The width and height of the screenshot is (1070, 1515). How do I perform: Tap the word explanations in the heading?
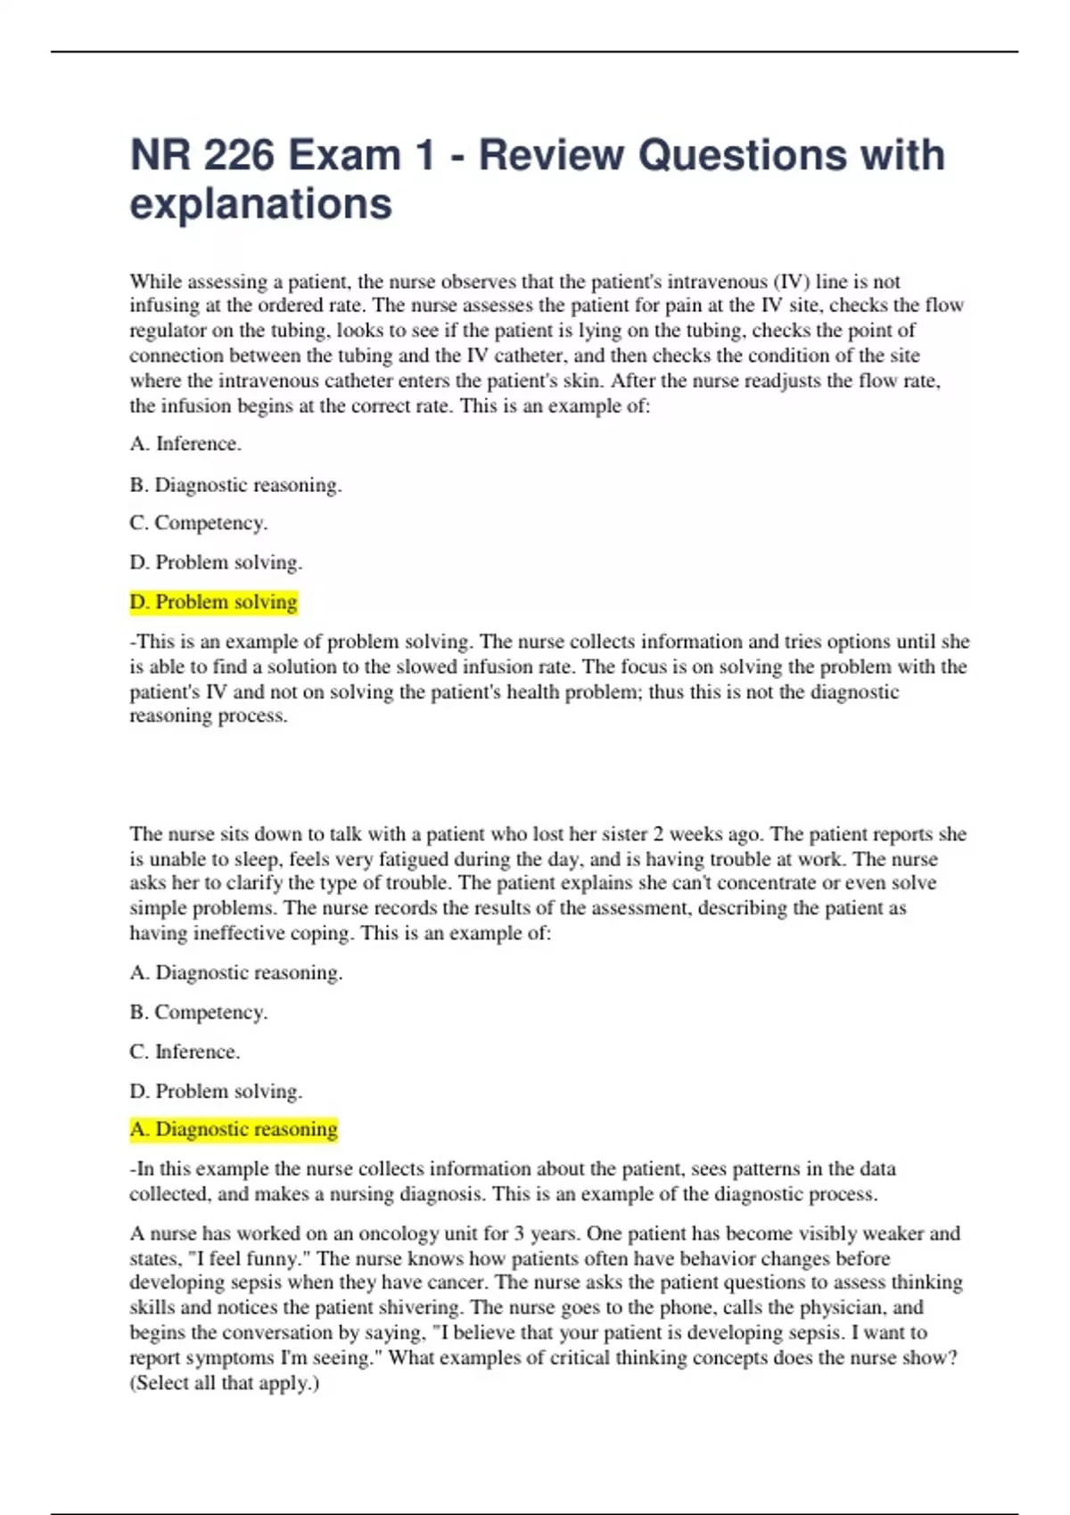pyautogui.click(x=260, y=204)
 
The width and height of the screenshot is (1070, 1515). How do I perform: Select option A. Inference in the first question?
pyautogui.click(x=185, y=444)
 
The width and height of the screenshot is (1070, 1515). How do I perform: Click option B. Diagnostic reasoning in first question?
pyautogui.click(x=235, y=485)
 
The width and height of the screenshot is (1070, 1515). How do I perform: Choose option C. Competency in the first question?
pyautogui.click(x=198, y=523)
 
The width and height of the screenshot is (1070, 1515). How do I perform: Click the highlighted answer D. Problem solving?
pyautogui.click(x=213, y=602)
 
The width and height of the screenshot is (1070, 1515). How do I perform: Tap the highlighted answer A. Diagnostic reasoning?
pyautogui.click(x=234, y=1129)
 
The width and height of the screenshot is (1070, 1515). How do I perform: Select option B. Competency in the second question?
pyautogui.click(x=198, y=1012)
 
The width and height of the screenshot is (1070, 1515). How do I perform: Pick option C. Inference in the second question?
pyautogui.click(x=185, y=1052)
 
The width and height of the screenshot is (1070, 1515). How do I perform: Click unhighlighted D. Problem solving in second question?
pyautogui.click(x=216, y=1091)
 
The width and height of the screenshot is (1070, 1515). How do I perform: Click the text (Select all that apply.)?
pyautogui.click(x=225, y=1383)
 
